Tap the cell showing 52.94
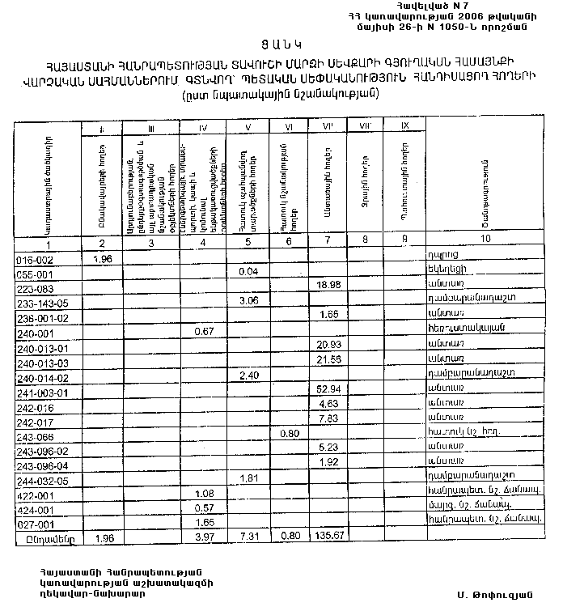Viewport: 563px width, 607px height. (x=328, y=389)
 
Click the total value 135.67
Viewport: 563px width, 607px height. (x=328, y=537)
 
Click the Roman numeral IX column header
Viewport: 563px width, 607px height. (x=404, y=126)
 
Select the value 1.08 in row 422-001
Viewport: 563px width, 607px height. (x=205, y=494)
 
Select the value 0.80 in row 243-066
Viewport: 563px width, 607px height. (x=288, y=434)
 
